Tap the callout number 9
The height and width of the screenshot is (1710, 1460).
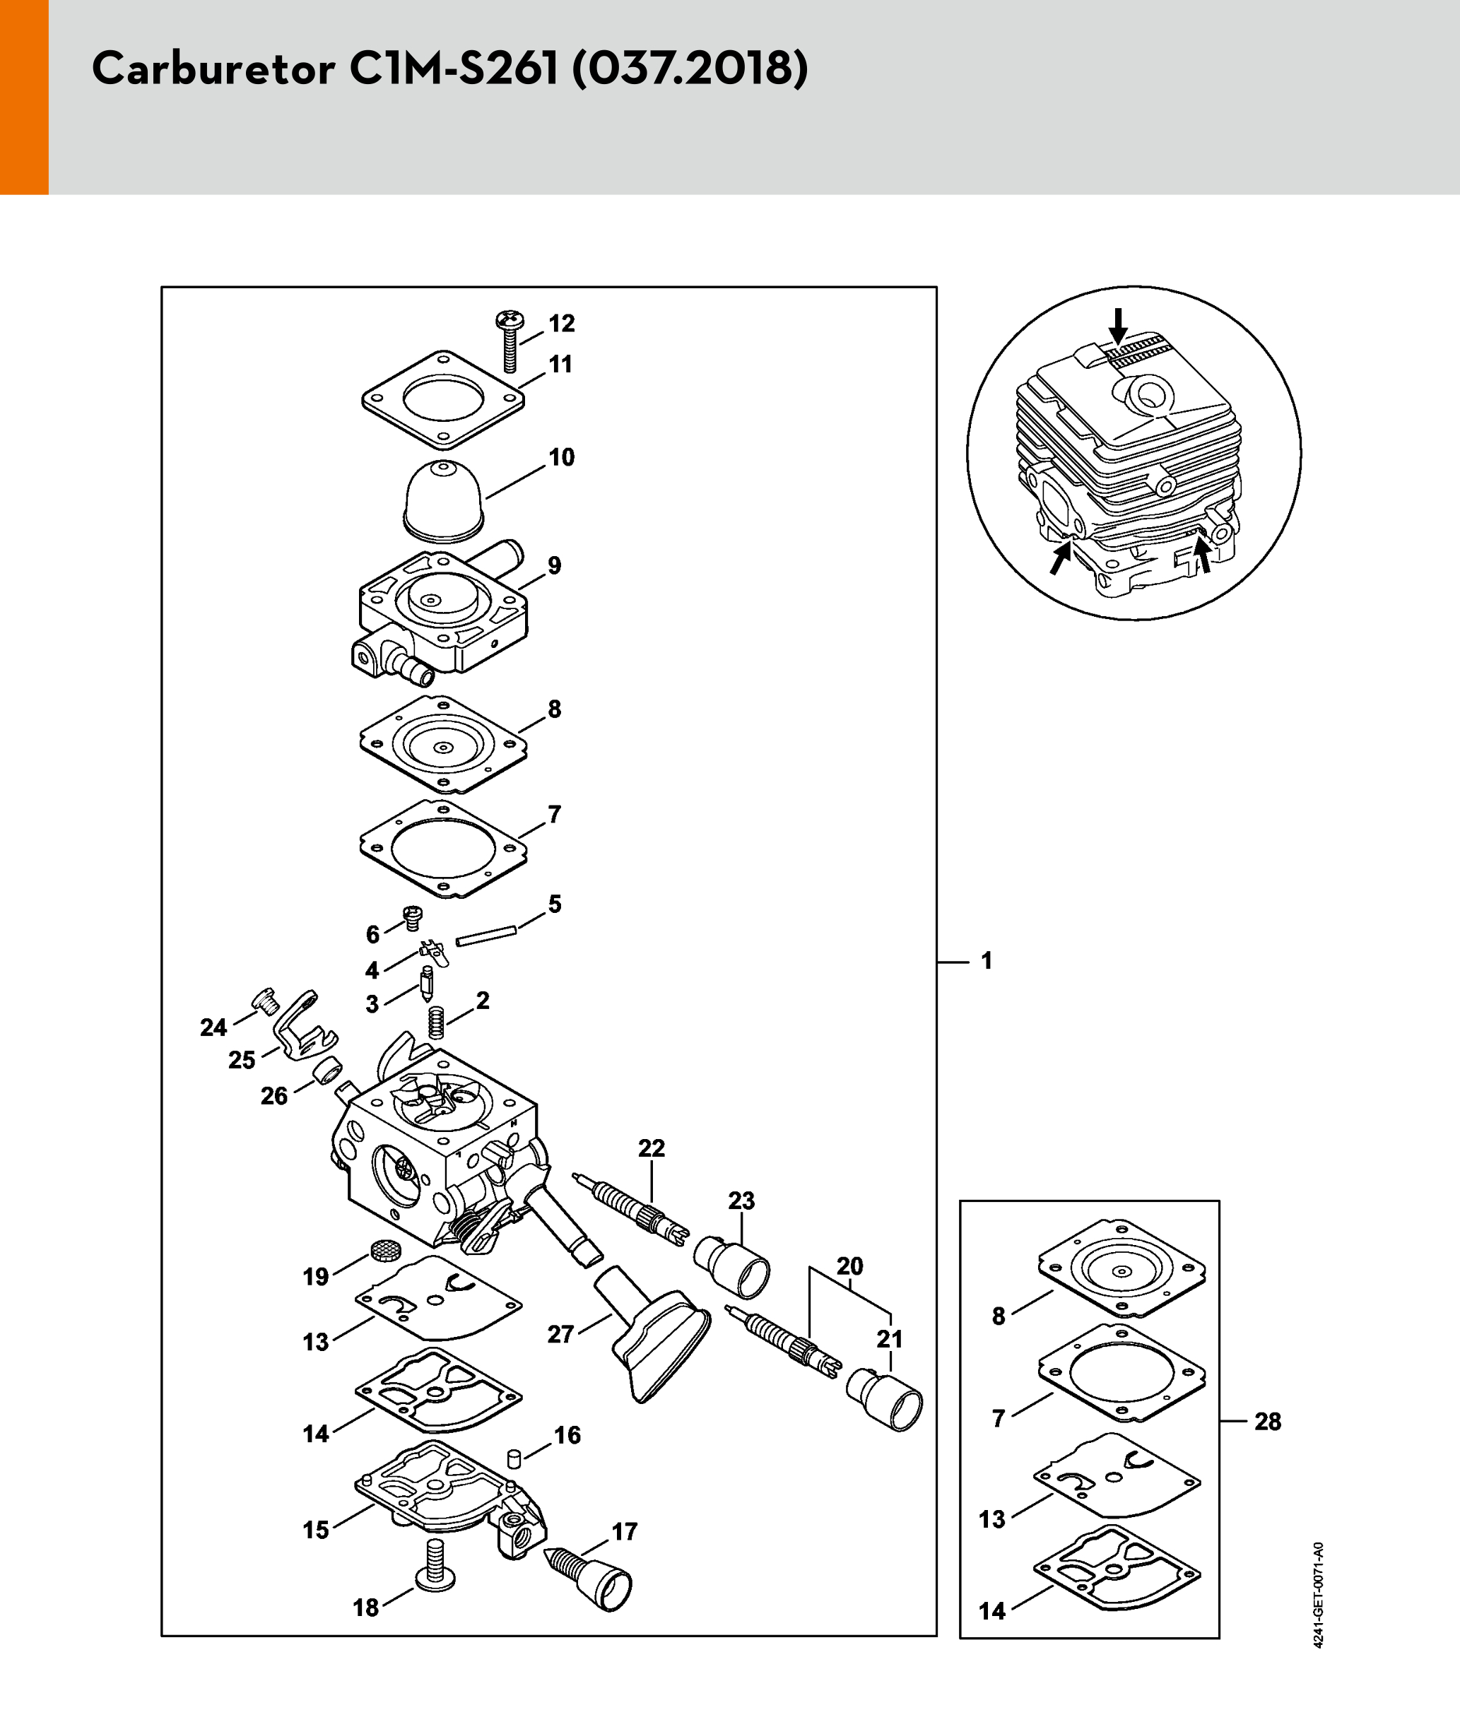pos(555,565)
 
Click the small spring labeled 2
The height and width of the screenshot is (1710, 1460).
pos(437,1023)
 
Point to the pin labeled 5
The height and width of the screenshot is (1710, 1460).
pos(486,936)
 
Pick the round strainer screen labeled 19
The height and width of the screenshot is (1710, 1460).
pos(382,1249)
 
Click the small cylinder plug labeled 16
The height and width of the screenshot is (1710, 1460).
pos(512,1459)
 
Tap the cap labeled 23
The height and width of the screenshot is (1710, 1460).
pos(731,1266)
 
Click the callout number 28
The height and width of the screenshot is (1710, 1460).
pos(1268,1421)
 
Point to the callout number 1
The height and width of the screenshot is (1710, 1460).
pos(987,960)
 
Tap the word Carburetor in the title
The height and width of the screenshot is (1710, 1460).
pos(213,69)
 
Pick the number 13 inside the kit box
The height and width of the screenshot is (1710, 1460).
pos(992,1519)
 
